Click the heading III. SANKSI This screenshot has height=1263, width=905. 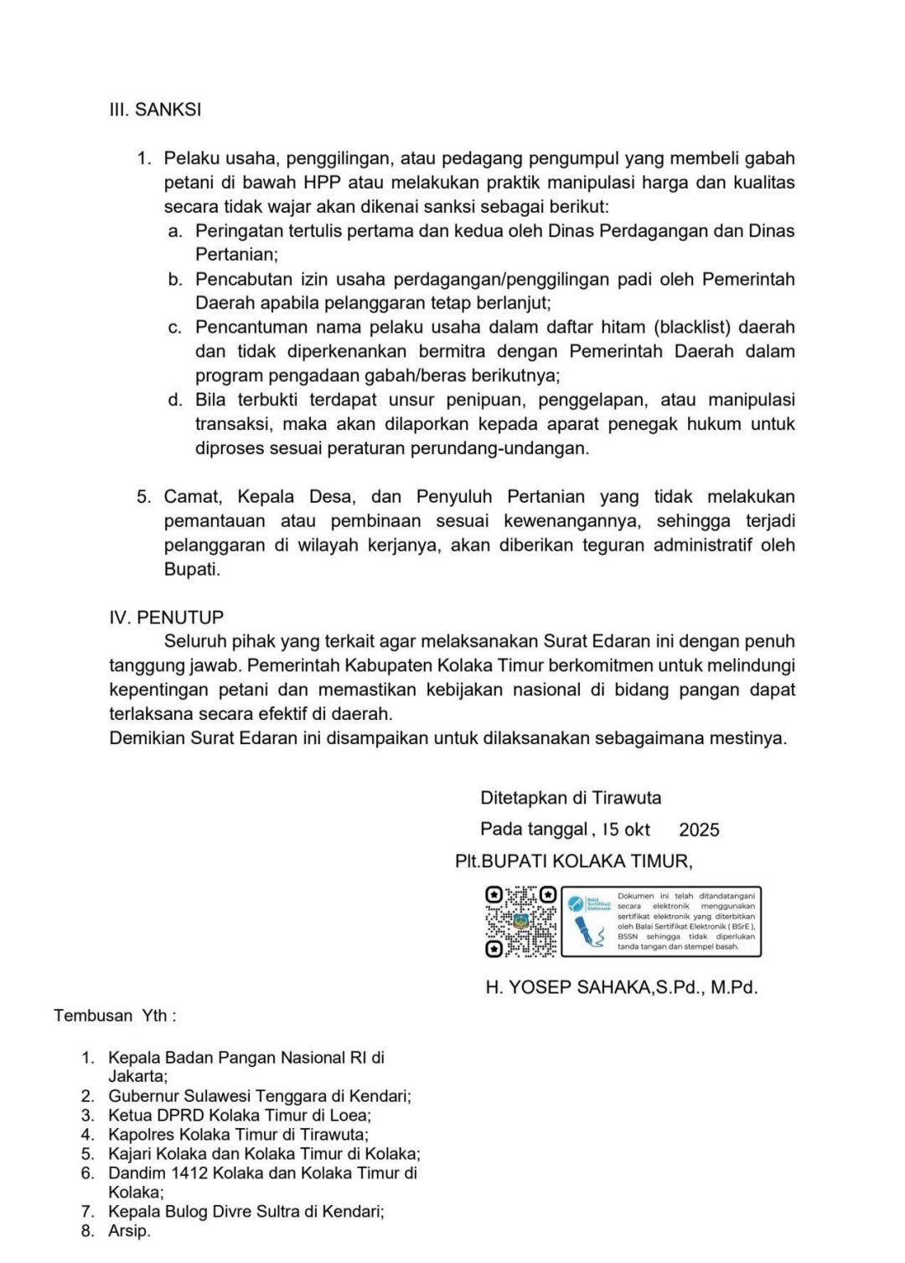coord(155,110)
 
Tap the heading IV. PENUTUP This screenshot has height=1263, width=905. coord(167,618)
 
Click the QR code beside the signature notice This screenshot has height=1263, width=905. coord(520,921)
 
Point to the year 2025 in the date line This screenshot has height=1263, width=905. coord(699,830)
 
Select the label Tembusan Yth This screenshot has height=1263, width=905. coord(115,1016)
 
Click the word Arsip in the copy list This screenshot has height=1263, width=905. coord(128,1231)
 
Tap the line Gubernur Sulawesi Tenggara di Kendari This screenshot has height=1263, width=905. coord(259,1096)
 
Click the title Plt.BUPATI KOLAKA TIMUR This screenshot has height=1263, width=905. coord(573,862)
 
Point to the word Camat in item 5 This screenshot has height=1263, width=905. coord(192,497)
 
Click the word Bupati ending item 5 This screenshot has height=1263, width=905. coord(191,570)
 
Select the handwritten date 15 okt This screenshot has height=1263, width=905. coord(626,830)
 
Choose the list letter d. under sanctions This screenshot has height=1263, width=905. coord(175,400)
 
